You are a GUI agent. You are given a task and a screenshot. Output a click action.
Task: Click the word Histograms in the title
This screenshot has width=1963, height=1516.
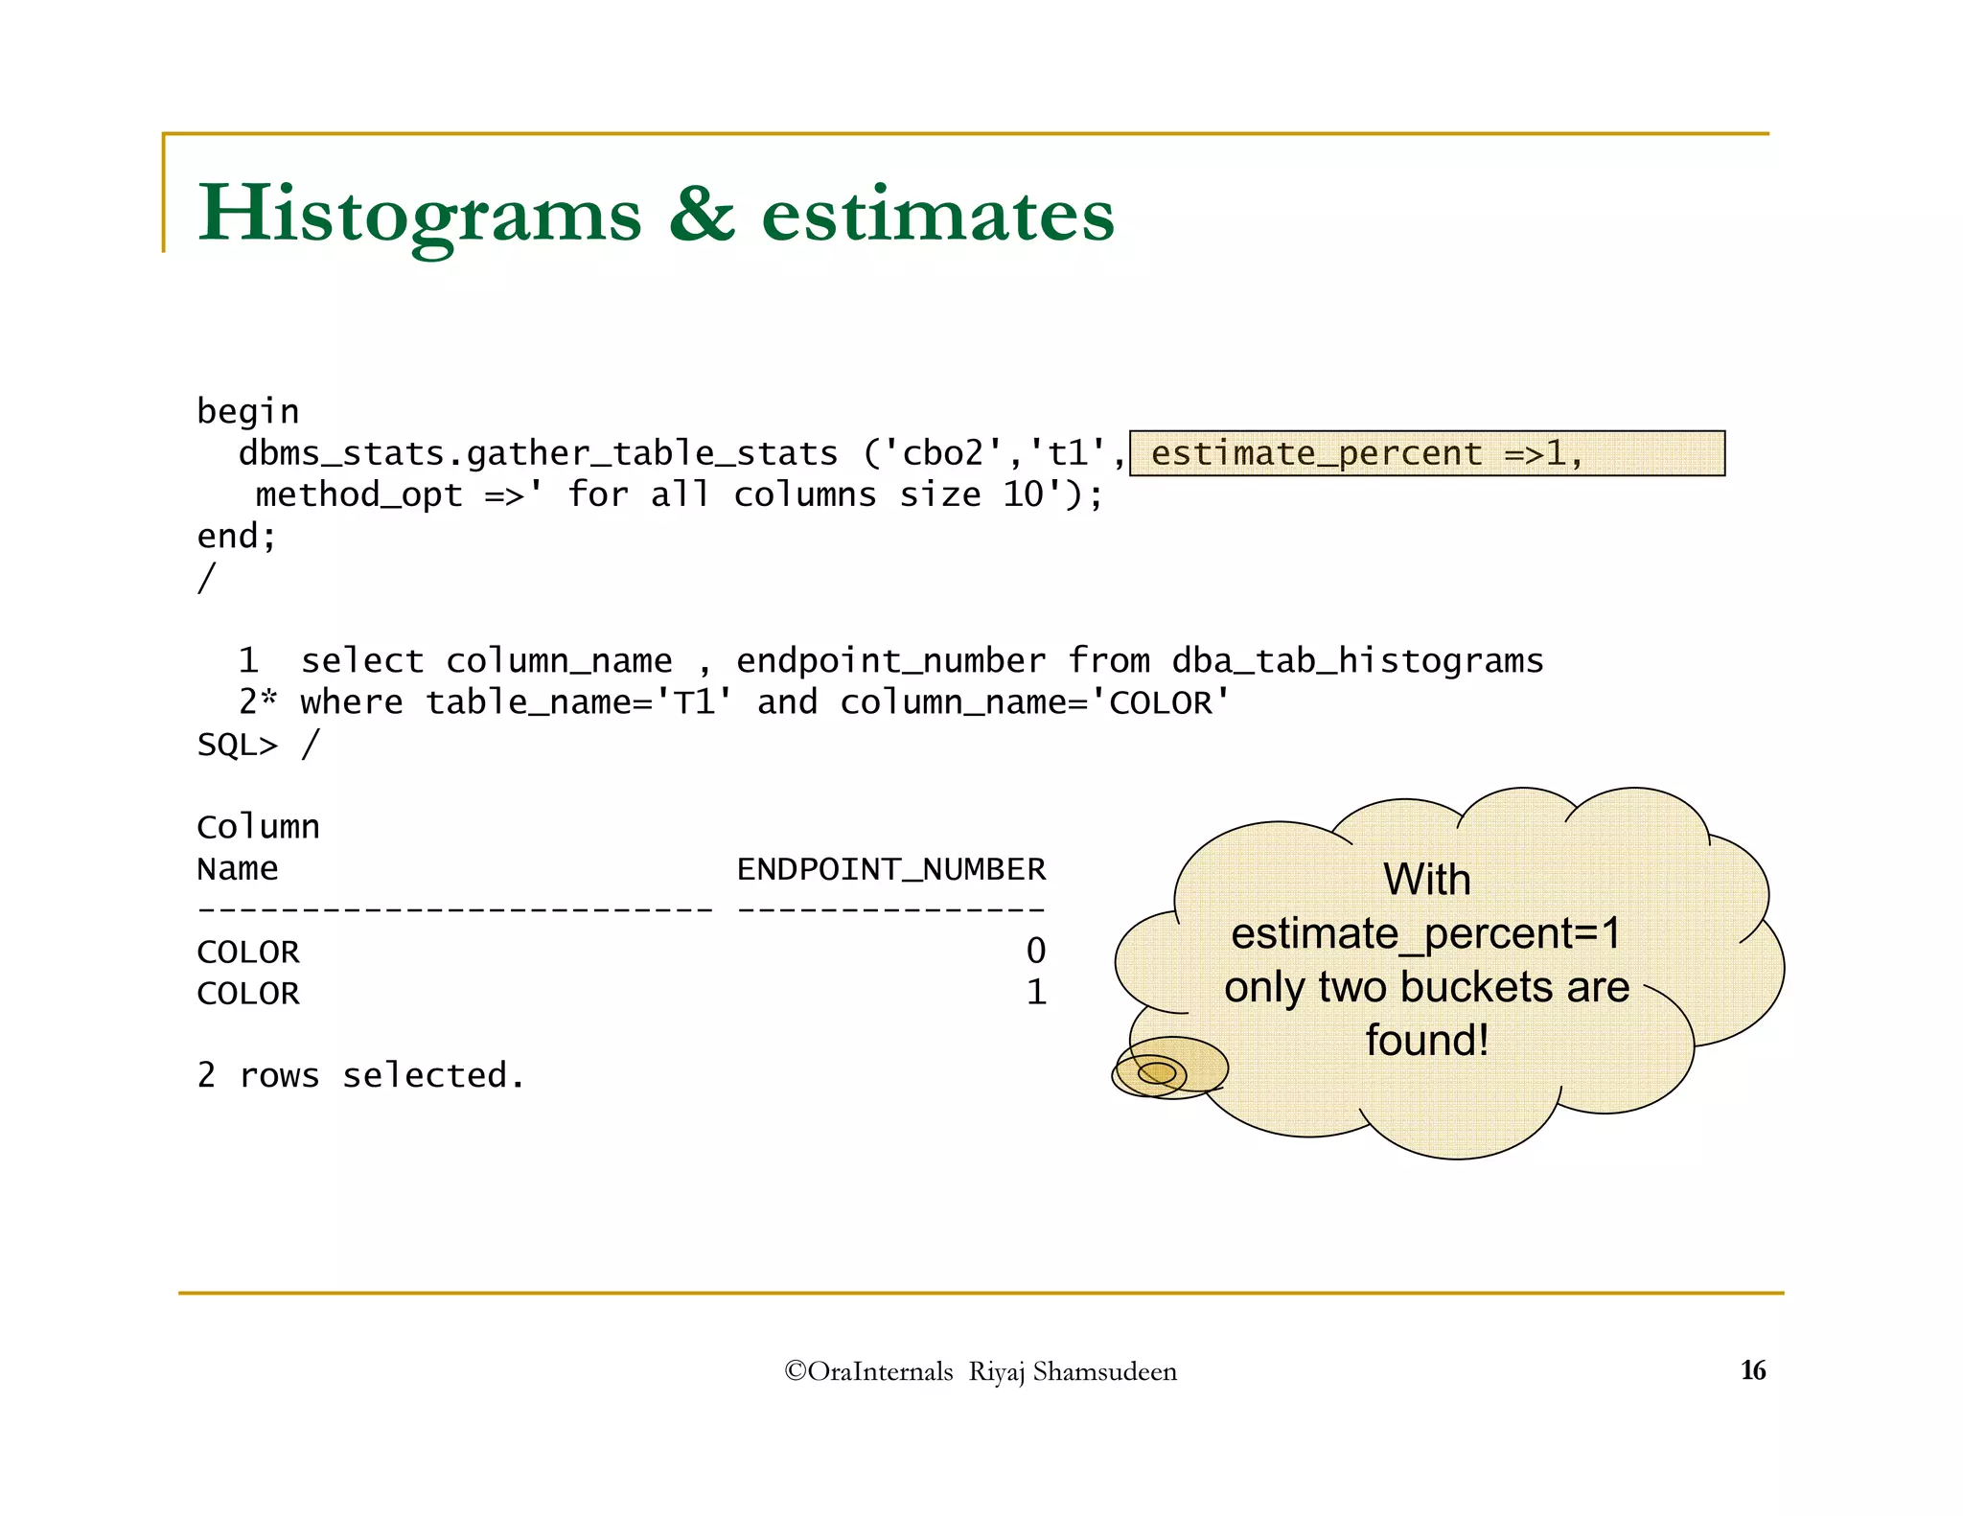coord(419,215)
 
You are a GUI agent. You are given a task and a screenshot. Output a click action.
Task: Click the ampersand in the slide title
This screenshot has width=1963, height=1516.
coord(701,215)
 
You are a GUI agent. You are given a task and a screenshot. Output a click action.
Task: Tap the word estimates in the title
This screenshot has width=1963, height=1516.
coord(937,215)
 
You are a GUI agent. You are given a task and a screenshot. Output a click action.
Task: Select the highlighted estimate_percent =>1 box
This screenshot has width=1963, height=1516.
coord(1426,453)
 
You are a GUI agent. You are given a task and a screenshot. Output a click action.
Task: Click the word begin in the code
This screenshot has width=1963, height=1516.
coord(248,412)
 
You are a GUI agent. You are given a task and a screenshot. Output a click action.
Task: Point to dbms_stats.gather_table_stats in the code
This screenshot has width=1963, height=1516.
coord(538,453)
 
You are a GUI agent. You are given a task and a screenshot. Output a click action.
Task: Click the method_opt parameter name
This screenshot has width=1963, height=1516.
coord(358,495)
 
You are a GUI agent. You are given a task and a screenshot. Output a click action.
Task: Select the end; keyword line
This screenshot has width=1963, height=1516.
coord(237,537)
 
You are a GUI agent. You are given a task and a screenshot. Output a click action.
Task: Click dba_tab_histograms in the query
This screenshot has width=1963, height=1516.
coord(1357,661)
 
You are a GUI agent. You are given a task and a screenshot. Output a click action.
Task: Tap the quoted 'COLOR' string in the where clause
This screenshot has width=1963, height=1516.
coord(1168,702)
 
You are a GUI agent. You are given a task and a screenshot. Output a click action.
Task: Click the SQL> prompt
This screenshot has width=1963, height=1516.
coord(237,745)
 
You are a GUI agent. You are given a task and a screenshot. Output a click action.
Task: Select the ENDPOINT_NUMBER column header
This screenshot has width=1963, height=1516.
coord(890,869)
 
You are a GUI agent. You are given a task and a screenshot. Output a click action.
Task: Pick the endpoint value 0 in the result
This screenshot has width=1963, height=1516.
coord(1035,952)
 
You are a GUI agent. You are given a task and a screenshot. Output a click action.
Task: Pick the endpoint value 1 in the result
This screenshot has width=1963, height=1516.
coord(1035,993)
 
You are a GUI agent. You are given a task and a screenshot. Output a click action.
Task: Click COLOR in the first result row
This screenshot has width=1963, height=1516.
coord(248,953)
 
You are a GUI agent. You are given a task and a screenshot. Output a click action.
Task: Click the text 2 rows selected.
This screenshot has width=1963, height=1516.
coord(360,1076)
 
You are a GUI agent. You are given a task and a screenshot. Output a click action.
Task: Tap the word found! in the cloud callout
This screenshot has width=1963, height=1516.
coord(1426,1041)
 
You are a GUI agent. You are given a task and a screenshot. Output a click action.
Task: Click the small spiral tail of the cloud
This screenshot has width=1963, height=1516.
coord(1156,1072)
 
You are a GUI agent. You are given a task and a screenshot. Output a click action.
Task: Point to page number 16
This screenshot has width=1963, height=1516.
coord(1752,1370)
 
